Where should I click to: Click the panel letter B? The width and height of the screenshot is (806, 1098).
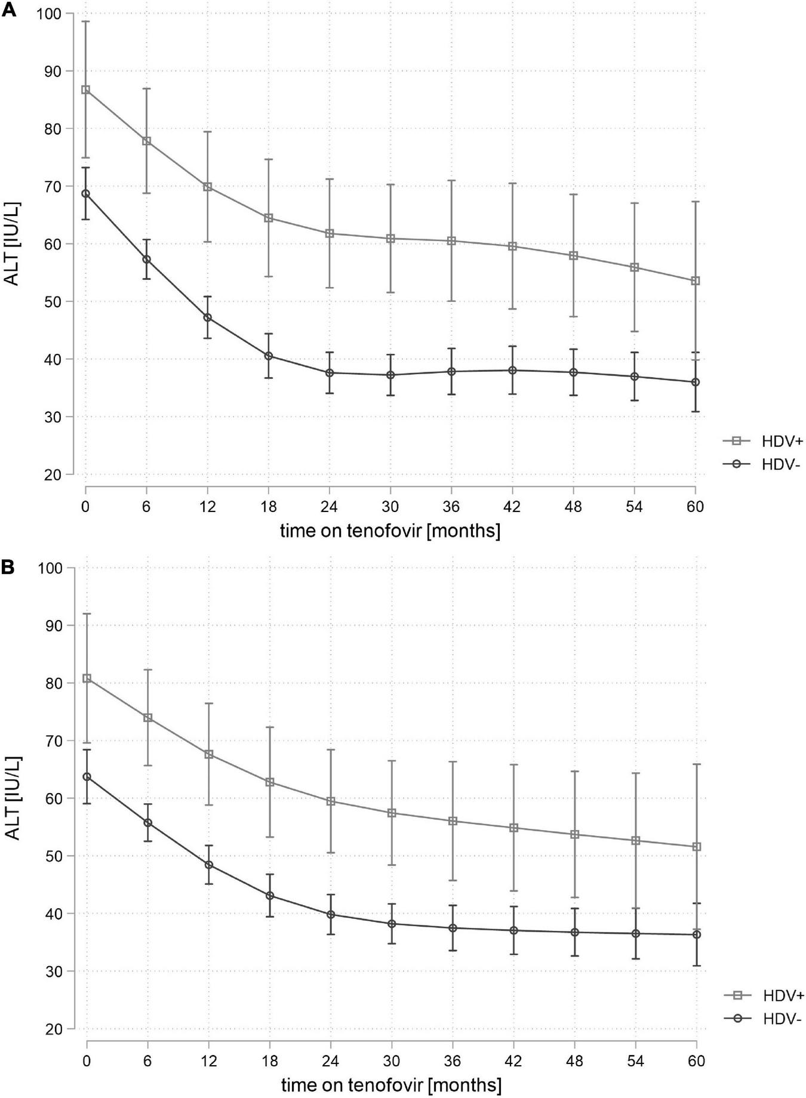click(x=8, y=566)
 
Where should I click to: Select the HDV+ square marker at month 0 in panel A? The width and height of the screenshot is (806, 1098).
click(x=85, y=90)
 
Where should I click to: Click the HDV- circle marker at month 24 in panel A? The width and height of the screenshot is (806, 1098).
click(x=330, y=373)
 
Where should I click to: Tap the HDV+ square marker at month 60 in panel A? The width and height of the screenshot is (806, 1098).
click(x=695, y=281)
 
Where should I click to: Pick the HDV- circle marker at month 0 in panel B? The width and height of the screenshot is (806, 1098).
click(x=87, y=777)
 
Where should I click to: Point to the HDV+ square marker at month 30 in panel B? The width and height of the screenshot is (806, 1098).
click(x=392, y=813)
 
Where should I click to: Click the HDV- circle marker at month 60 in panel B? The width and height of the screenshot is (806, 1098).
click(x=696, y=934)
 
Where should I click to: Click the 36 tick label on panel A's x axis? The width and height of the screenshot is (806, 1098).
click(x=451, y=507)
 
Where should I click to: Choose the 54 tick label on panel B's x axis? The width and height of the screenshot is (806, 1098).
click(x=635, y=1062)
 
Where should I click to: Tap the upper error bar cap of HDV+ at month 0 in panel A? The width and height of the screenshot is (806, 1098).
click(x=85, y=21)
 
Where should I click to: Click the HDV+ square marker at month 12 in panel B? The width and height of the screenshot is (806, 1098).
click(x=209, y=754)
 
